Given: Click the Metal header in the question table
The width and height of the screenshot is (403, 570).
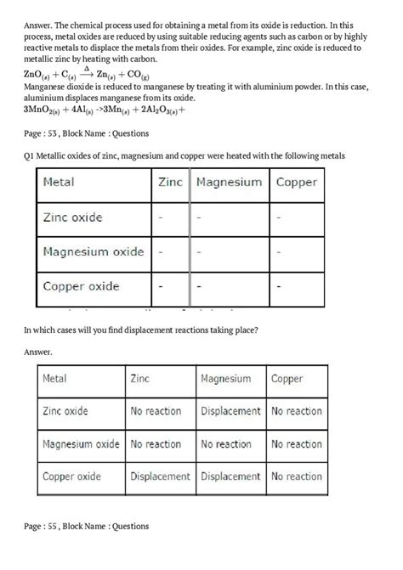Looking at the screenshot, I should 59,182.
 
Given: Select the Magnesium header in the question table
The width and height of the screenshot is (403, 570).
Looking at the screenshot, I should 229,182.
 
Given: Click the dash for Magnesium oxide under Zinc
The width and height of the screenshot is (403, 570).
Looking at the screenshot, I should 160,252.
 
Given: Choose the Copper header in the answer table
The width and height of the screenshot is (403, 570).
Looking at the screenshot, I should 287,379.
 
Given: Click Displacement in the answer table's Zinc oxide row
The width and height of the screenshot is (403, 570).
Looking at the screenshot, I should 230,411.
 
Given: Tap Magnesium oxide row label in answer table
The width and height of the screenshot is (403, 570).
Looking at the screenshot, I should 81,443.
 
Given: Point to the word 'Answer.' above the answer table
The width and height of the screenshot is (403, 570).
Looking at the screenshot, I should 39,351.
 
